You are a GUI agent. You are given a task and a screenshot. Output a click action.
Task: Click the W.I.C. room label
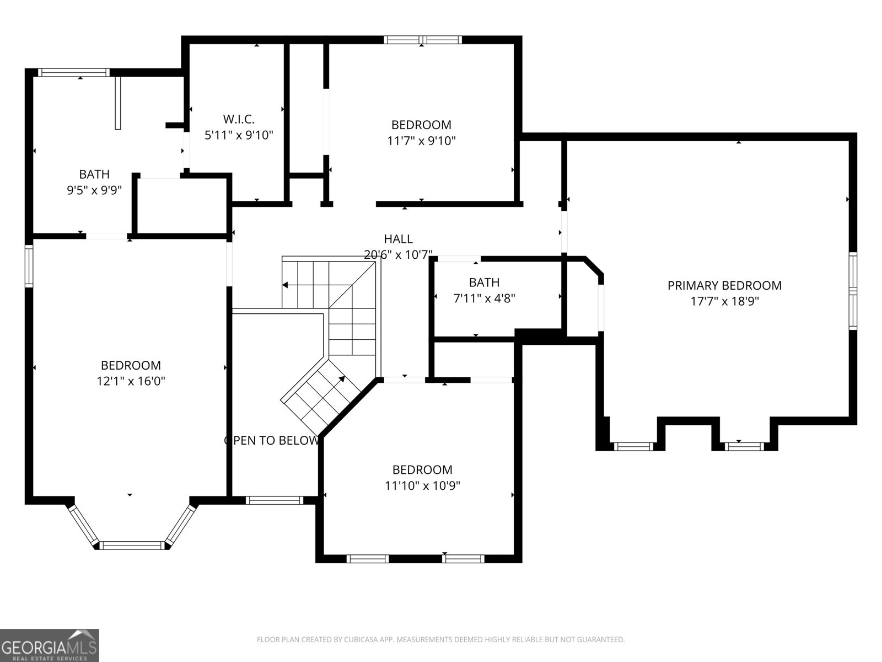pyautogui.click(x=239, y=119)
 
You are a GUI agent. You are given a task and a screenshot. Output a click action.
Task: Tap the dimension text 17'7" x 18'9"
pyautogui.click(x=724, y=301)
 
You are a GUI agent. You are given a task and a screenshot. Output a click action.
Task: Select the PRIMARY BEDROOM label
pyautogui.click(x=724, y=285)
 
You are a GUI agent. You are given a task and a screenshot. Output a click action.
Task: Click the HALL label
pyautogui.click(x=398, y=239)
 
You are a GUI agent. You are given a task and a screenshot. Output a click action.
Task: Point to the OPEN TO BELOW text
pyautogui.click(x=271, y=440)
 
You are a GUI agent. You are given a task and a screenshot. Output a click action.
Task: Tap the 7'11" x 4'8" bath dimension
pyautogui.click(x=484, y=298)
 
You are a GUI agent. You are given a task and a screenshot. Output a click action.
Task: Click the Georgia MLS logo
pyautogui.click(x=50, y=645)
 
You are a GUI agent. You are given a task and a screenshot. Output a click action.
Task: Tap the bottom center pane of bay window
pyautogui.click(x=132, y=546)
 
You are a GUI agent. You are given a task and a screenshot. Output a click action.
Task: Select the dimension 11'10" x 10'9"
pyautogui.click(x=422, y=485)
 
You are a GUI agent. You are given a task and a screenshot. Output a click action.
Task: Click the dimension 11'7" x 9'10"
pyautogui.click(x=421, y=141)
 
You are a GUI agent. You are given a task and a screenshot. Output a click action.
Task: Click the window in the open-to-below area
pyautogui.click(x=274, y=500)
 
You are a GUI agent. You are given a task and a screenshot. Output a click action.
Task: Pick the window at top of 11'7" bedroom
pyautogui.click(x=422, y=39)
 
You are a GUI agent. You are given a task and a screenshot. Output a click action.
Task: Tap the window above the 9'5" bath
pyautogui.click(x=73, y=72)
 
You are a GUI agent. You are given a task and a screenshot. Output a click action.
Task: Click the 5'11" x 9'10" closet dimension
pyautogui.click(x=239, y=135)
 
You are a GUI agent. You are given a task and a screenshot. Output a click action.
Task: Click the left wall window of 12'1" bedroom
pyautogui.click(x=29, y=266)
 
